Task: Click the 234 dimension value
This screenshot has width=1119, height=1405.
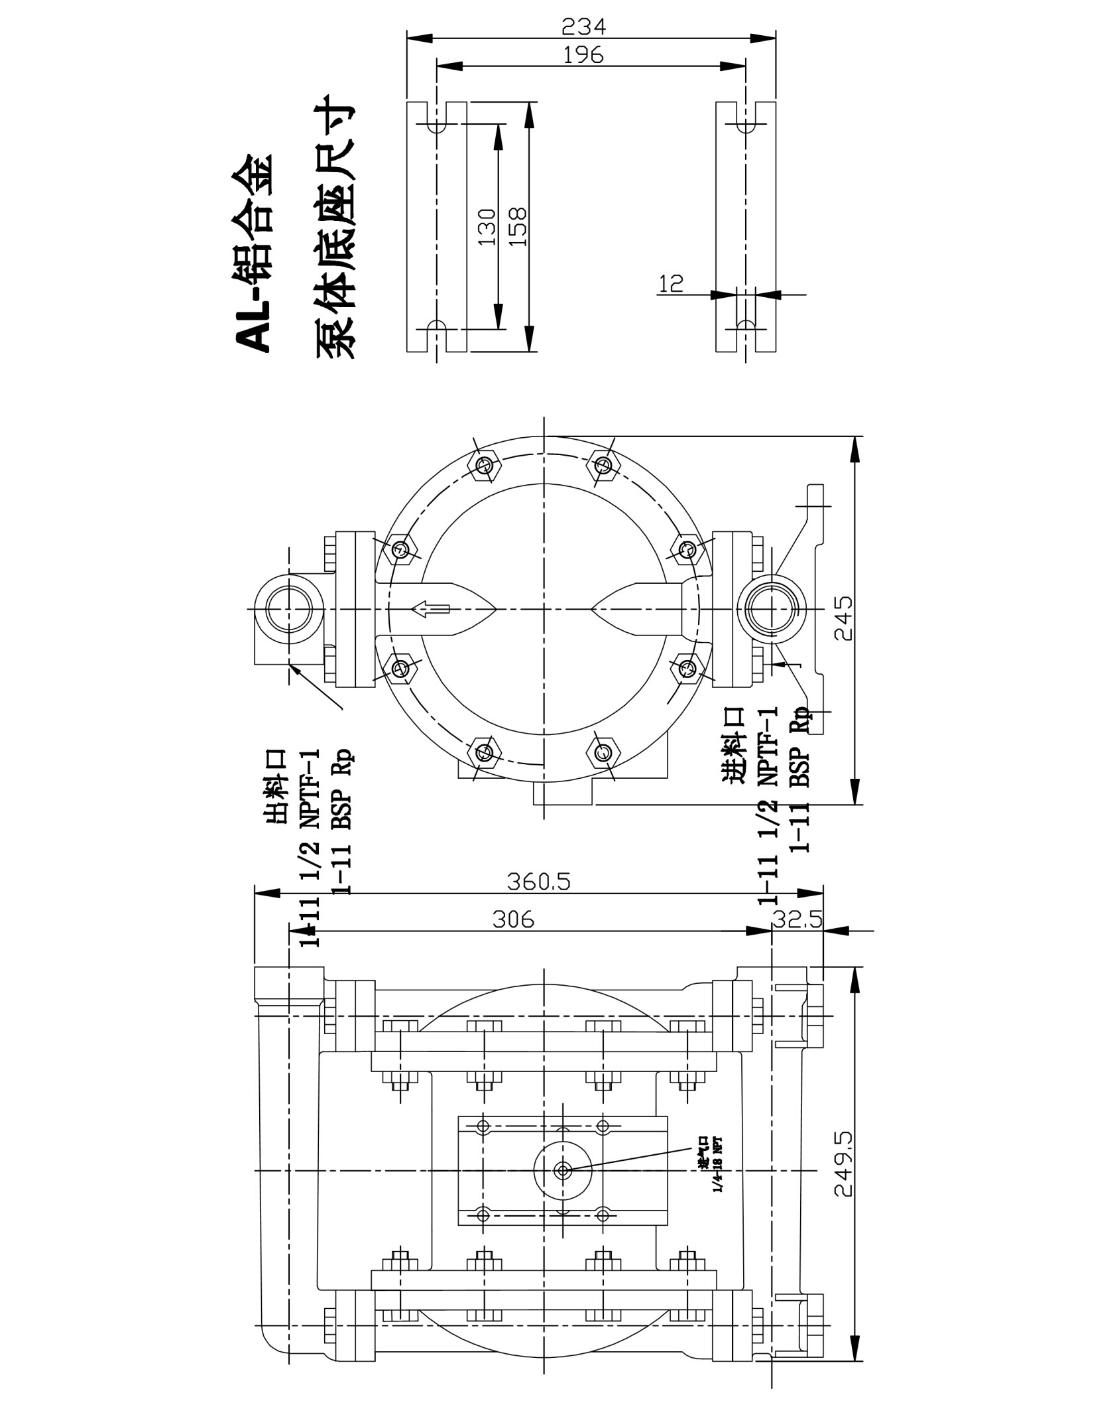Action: click(583, 27)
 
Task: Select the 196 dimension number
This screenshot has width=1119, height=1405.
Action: click(583, 54)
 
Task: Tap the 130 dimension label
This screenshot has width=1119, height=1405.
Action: click(487, 227)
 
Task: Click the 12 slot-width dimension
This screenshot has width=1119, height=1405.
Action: click(671, 283)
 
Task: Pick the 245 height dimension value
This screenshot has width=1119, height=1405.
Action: click(843, 618)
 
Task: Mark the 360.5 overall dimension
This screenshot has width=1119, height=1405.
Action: click(538, 882)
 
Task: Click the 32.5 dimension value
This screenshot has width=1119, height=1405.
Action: click(797, 919)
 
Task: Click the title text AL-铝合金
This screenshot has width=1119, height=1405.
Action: click(253, 252)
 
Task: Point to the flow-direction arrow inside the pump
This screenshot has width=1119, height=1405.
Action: click(430, 608)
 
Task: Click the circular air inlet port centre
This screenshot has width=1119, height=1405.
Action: click(563, 1171)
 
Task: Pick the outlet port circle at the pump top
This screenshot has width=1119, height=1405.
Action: click(289, 608)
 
